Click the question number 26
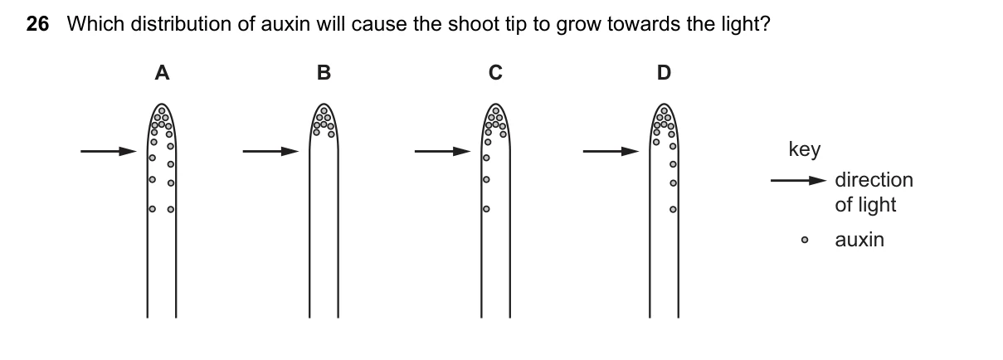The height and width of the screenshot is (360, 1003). tap(37, 24)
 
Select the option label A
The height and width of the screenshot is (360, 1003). tap(162, 72)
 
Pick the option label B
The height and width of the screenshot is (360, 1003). tap(324, 72)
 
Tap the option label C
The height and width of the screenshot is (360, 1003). tap(495, 72)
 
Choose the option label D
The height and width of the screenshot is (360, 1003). tap(664, 72)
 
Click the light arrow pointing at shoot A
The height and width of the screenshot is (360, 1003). tap(109, 151)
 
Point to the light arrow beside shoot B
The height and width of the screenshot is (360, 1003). tap(270, 151)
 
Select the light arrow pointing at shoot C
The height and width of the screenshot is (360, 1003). tap(442, 151)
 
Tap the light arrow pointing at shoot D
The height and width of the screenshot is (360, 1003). tap(611, 151)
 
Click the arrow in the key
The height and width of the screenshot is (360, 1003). tap(798, 181)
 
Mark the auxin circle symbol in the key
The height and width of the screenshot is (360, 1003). tap(805, 240)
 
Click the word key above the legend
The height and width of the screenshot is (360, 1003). tap(805, 149)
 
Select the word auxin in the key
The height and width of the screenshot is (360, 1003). tap(859, 240)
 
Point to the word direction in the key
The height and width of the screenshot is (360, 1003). tap(874, 180)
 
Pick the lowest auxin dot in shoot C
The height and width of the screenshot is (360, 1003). tap(486, 209)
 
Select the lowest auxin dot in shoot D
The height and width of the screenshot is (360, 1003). tap(673, 209)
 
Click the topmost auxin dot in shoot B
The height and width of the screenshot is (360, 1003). tap(324, 110)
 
